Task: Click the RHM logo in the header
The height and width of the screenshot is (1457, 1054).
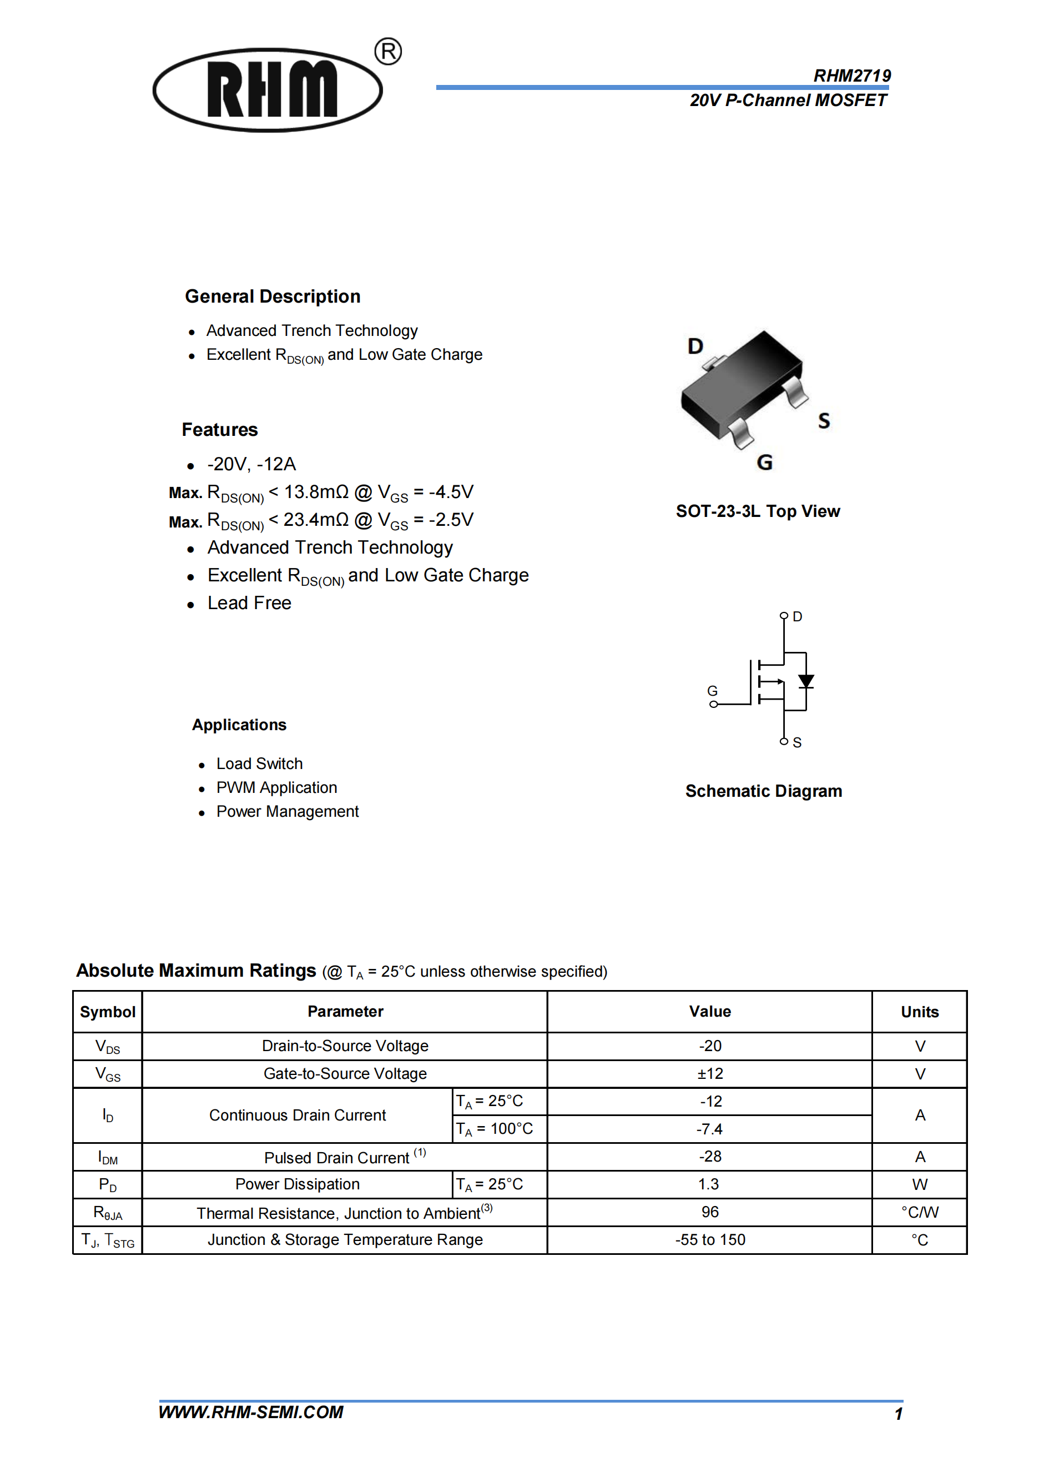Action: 269,90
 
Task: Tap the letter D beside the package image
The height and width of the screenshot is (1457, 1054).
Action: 695,346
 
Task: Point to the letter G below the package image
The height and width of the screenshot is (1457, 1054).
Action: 764,462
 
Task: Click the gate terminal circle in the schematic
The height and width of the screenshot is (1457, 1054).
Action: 713,704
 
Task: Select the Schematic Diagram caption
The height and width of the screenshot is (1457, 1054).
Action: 763,791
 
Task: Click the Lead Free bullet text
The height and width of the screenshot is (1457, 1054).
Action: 249,603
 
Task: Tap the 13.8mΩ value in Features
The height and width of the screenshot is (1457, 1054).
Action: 316,492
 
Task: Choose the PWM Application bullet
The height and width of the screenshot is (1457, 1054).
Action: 276,787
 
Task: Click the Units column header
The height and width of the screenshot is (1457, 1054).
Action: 919,1012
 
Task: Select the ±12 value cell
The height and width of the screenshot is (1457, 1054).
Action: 710,1073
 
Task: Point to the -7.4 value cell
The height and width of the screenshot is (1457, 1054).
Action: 710,1129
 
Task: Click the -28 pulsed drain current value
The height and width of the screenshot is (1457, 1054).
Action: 710,1157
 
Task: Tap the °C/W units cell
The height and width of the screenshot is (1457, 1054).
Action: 919,1212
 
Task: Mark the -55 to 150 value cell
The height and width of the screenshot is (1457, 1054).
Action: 710,1240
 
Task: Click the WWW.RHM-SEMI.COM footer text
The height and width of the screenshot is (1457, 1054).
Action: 250,1412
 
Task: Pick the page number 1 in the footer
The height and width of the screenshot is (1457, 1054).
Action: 898,1414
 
